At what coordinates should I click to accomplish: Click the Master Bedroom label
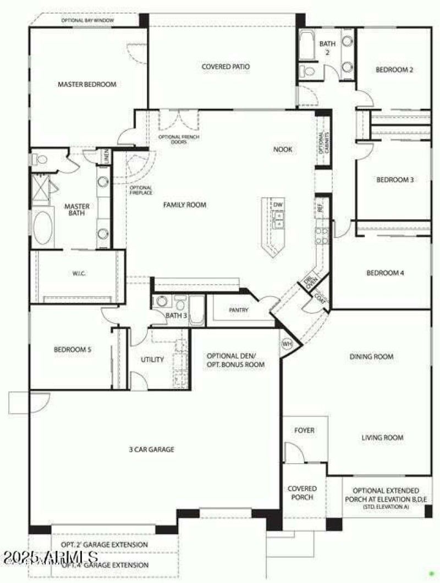tap(87, 85)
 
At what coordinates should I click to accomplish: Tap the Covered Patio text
tap(226, 67)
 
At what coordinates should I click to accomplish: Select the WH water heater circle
tap(287, 344)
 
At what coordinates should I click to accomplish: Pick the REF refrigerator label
tap(320, 208)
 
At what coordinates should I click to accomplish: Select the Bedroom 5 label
tap(72, 349)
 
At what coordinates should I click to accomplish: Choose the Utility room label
tap(152, 360)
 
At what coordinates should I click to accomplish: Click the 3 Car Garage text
tap(151, 449)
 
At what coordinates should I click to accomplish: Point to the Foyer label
tap(304, 430)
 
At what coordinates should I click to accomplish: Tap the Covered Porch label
tap(302, 492)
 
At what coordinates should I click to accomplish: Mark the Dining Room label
tap(372, 357)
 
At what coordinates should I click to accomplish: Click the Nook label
tap(283, 149)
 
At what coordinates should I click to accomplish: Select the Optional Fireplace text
tap(141, 190)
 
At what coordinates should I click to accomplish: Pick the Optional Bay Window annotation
tap(86, 20)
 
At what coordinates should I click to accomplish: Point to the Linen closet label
tap(106, 157)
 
